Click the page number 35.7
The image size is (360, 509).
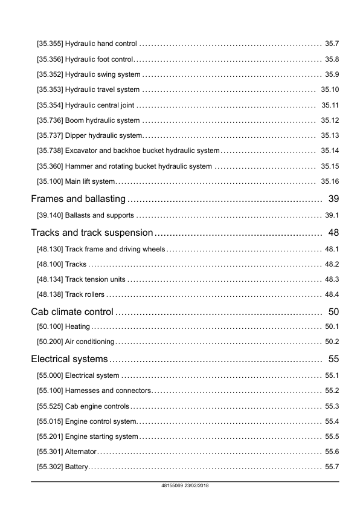pos(332,44)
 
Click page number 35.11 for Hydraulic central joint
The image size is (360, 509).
pos(330,105)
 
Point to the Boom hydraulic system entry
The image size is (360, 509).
pos(102,120)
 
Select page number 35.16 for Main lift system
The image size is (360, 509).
pos(330,181)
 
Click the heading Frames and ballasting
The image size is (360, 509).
pos(78,199)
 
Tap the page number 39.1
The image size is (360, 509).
pos(332,215)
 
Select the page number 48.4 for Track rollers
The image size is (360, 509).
pos(332,294)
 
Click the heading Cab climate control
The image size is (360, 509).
pos(72,312)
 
